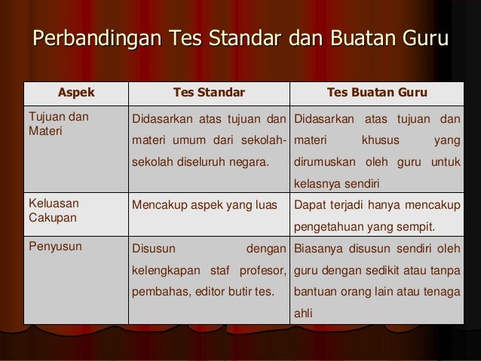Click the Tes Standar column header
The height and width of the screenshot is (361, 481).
pos(209,93)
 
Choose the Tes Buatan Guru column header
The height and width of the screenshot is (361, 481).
pos(378,93)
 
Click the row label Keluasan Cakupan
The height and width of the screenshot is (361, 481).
pos(54,209)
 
